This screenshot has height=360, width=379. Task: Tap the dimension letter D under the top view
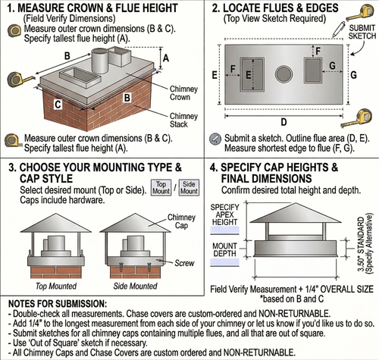click(283, 120)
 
